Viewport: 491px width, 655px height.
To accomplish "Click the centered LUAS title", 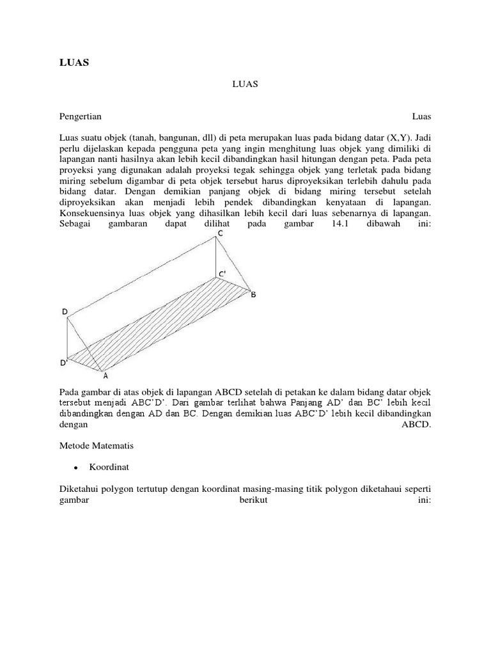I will tap(245, 84).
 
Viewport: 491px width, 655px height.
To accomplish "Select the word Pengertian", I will tap(81, 117).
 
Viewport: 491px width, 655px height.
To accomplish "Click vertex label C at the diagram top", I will tap(220, 234).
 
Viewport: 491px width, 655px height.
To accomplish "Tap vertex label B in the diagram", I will tap(253, 295).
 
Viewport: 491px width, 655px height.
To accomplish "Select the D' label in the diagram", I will tap(65, 363).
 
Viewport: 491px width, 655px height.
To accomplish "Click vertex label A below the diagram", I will tap(105, 376).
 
